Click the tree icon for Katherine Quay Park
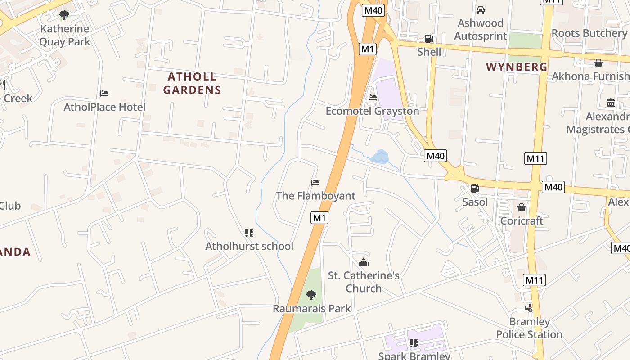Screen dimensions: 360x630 [64, 15]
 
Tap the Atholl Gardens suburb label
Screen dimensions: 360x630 [192, 83]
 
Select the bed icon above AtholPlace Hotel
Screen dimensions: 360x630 [104, 94]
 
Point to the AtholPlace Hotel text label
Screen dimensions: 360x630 [104, 107]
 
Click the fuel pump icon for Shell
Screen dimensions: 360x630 [429, 39]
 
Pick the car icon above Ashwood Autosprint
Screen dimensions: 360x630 [481, 9]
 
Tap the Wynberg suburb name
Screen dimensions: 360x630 [517, 67]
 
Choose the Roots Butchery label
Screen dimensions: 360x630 [589, 33]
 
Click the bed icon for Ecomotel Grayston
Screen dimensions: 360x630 [373, 97]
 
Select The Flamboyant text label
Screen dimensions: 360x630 [315, 196]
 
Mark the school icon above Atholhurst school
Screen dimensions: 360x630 [249, 233]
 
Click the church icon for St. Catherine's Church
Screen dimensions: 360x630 [364, 262]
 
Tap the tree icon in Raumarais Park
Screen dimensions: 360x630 [311, 295]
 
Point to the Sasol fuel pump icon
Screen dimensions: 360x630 [475, 189]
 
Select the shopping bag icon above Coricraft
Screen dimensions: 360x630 [522, 207]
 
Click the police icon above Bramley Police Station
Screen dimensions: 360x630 [529, 308]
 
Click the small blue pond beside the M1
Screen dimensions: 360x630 [379, 157]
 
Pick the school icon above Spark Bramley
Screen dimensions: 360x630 [414, 343]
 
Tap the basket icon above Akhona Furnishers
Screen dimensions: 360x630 [598, 63]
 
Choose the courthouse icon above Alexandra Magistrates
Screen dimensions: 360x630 [611, 103]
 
